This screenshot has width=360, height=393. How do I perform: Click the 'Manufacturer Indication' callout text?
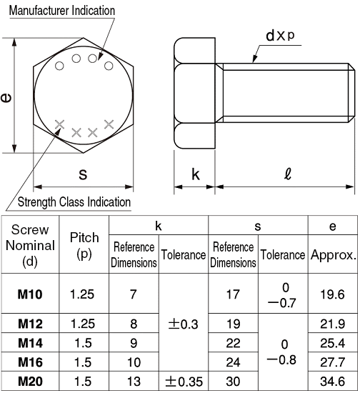click(61, 10)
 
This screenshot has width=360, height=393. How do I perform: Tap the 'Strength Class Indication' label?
click(74, 202)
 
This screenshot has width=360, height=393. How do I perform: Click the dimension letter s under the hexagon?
click(82, 174)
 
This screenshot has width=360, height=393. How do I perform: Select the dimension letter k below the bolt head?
click(195, 174)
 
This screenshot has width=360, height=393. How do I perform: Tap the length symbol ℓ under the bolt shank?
click(286, 174)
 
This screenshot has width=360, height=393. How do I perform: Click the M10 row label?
click(29, 294)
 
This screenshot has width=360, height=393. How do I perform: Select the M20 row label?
click(29, 381)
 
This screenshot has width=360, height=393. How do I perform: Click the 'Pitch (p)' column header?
click(84, 244)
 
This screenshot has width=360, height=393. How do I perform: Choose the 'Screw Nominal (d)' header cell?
click(29, 244)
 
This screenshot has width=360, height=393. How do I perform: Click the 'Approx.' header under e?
click(333, 254)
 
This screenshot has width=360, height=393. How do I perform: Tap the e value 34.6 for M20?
click(333, 381)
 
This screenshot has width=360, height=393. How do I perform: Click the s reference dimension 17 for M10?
click(233, 294)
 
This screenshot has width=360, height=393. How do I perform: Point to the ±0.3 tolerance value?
click(184, 324)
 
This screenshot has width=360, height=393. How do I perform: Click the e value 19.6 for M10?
click(333, 294)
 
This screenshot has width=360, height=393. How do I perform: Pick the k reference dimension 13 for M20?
click(134, 381)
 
